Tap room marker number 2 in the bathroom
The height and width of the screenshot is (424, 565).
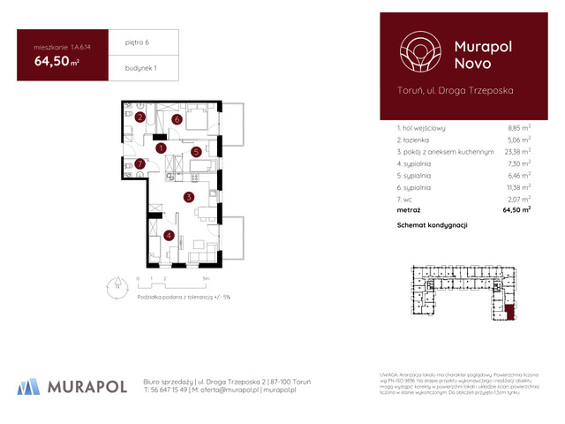point(140,117)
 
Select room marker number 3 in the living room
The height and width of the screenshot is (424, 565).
point(188,197)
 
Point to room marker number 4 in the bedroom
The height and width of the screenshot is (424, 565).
point(168,235)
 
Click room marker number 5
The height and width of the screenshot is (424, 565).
point(196,152)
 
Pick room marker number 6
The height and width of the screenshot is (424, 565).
point(177,119)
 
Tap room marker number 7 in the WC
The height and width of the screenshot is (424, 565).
point(140,163)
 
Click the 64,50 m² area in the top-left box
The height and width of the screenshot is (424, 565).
point(56,62)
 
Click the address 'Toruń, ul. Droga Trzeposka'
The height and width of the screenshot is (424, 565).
point(456,90)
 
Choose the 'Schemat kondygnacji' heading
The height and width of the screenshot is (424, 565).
point(433,225)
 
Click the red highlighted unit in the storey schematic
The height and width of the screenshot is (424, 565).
point(511,309)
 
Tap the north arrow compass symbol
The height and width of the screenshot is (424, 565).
point(116,284)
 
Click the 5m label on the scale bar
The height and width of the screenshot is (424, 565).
point(205,276)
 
